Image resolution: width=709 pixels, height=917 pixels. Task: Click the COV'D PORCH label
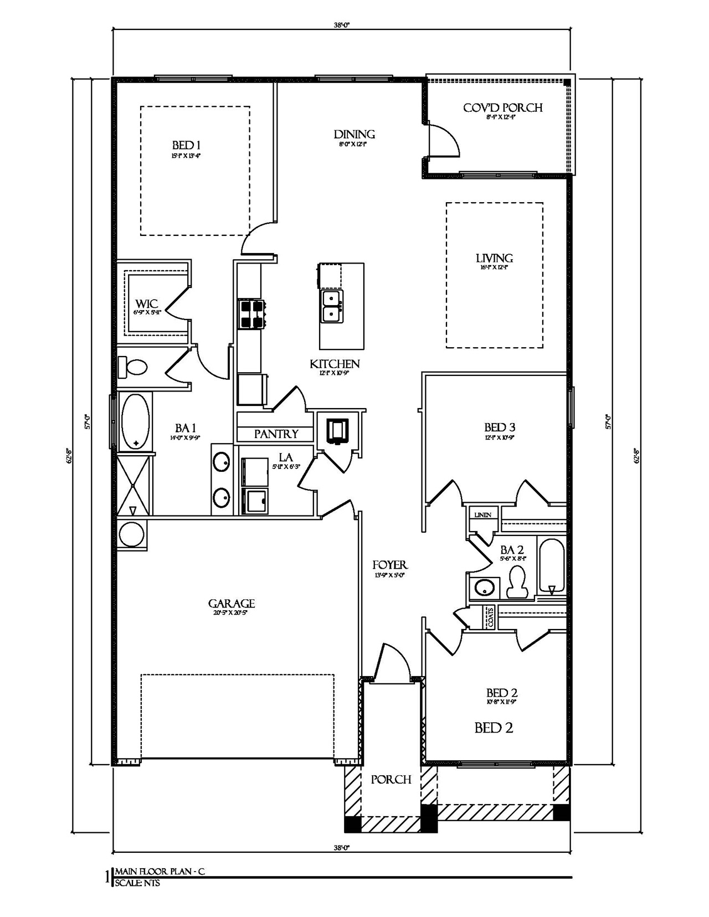point(502,107)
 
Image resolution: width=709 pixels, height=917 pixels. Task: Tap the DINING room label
point(354,134)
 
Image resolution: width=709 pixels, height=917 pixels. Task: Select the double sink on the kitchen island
point(332,306)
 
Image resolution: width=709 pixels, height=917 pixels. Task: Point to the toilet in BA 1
point(133,367)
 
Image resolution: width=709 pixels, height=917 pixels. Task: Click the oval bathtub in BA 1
point(135,421)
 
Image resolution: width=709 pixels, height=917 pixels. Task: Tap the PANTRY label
point(276,434)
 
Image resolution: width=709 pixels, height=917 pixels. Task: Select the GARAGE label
point(231,604)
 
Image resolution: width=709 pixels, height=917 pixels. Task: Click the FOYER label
point(389,565)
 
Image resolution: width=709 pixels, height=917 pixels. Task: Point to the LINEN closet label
point(482,515)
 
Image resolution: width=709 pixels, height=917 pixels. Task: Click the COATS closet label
point(490,617)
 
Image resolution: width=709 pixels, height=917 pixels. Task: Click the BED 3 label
point(500,427)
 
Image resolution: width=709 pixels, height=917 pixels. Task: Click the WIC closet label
point(147,304)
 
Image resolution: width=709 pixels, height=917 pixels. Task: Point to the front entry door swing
point(392,661)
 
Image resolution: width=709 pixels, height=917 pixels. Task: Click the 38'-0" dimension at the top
point(342,24)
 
